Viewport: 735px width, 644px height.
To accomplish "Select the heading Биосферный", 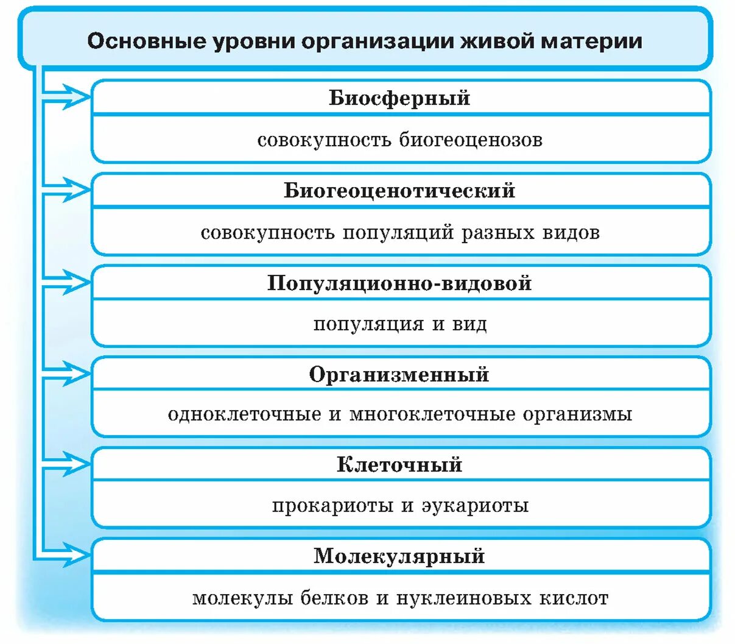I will [x=399, y=98].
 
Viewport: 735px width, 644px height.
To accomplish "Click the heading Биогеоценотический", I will [x=399, y=191].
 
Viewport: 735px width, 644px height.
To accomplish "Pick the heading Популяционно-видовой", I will [x=399, y=283].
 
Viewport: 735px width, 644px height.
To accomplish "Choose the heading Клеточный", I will [x=399, y=465].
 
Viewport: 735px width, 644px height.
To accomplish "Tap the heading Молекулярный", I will [x=399, y=556].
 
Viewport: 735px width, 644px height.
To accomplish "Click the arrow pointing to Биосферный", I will [x=73, y=96].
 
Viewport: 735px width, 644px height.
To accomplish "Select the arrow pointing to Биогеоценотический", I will [x=73, y=189].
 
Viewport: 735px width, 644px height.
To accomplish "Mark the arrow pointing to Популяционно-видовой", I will [x=73, y=281].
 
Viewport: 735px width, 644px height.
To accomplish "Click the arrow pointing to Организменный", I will [x=73, y=372].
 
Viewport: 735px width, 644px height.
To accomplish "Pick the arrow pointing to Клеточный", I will [x=73, y=464].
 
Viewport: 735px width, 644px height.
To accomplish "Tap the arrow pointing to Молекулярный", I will [x=73, y=555].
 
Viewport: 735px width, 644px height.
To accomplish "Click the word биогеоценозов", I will [x=471, y=140].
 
